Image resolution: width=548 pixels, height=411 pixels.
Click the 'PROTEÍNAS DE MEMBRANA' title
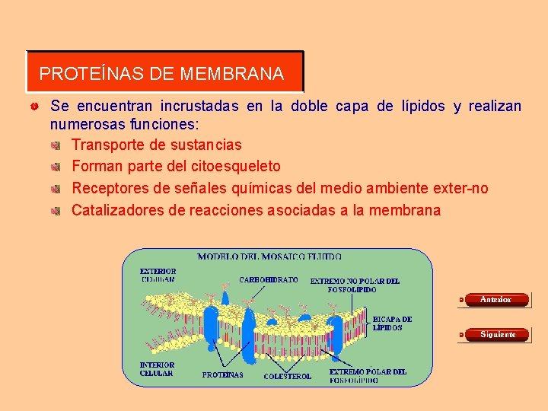pos(161,74)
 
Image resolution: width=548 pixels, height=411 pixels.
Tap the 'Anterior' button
pos(495,300)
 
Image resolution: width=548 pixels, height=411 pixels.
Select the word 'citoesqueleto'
pos(237,166)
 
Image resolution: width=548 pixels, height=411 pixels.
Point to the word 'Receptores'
pos(109,188)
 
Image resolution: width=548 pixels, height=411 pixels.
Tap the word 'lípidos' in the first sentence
pos(423,107)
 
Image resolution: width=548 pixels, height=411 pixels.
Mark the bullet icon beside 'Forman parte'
pos(56,167)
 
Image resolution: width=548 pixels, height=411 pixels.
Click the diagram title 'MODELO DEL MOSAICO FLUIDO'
pos(269,257)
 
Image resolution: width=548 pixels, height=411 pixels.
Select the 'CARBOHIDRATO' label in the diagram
pos(269,280)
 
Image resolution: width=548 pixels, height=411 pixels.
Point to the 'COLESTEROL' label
pos(287,376)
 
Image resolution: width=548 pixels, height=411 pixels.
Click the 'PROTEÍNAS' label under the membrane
pos(223,374)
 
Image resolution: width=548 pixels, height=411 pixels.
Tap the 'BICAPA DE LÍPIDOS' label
pos(393,323)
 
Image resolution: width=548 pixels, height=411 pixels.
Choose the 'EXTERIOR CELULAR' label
pos(158,275)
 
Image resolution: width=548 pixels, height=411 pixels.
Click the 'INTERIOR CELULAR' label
pos(158,369)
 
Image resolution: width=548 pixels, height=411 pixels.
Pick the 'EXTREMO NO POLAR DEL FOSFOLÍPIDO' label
pos(354,285)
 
